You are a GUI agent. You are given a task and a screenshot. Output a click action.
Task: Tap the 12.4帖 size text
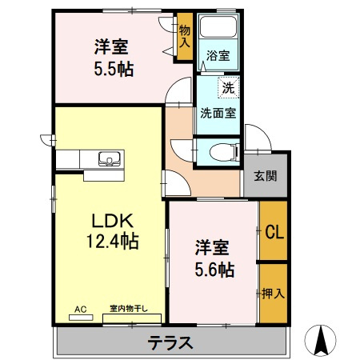point(110,241)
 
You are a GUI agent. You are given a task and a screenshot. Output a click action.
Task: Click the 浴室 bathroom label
point(218,55)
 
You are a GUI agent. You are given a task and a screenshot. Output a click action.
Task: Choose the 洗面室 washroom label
point(218,113)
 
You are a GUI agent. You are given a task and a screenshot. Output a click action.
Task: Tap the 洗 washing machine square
point(228,86)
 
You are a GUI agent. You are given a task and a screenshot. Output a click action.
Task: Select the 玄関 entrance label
point(266,176)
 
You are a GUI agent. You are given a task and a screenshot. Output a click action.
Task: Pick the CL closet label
point(274,234)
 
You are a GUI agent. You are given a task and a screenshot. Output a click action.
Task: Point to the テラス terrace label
point(170,344)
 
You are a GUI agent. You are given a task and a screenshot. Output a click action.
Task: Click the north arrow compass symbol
point(322,339)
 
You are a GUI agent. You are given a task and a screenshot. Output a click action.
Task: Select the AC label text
point(80,308)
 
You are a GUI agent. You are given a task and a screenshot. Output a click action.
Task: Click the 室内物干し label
point(130,308)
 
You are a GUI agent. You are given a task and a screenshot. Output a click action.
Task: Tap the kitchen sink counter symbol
point(110,158)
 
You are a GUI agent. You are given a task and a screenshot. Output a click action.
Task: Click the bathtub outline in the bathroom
point(218,29)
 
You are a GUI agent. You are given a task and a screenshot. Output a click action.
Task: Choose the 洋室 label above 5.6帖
point(211,248)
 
